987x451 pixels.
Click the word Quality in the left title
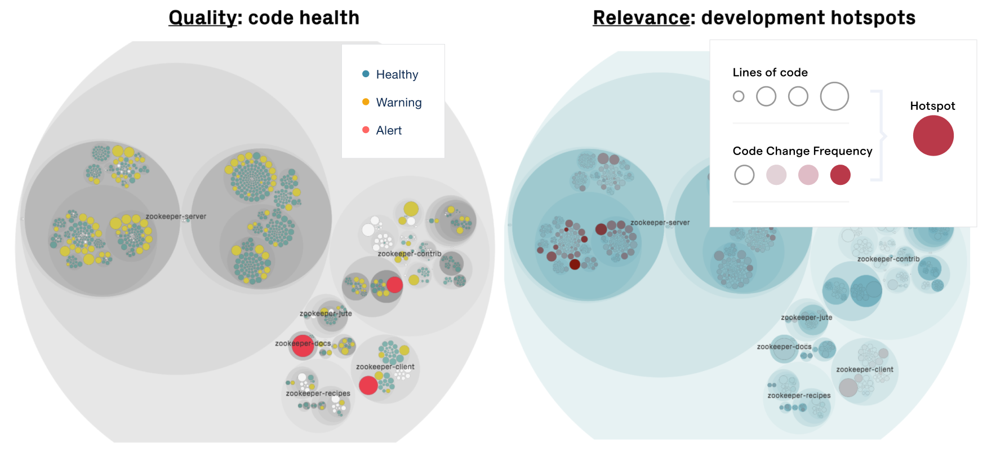pos(202,18)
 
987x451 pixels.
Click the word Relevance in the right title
pos(641,18)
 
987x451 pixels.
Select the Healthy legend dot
pos(366,74)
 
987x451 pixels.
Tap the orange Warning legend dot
pos(366,102)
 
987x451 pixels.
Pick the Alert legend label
pos(389,130)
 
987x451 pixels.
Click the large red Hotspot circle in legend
pos(933,136)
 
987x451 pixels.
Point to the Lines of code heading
pos(770,72)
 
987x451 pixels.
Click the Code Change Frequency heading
pos(802,151)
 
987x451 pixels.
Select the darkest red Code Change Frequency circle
pos(840,175)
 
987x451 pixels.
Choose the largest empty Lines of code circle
pos(834,96)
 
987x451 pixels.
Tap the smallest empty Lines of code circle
pos(739,96)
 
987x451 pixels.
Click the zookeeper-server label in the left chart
pos(176,216)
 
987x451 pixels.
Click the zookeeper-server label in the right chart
pos(660,223)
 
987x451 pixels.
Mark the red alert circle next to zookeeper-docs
pos(303,346)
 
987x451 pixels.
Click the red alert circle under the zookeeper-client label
pos(368,386)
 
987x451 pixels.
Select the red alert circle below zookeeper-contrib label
pos(394,285)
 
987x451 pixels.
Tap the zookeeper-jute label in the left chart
pos(326,313)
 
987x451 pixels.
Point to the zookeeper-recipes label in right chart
pos(799,396)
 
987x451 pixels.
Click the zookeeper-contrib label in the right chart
pos(888,259)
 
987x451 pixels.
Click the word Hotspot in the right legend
pos(932,106)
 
